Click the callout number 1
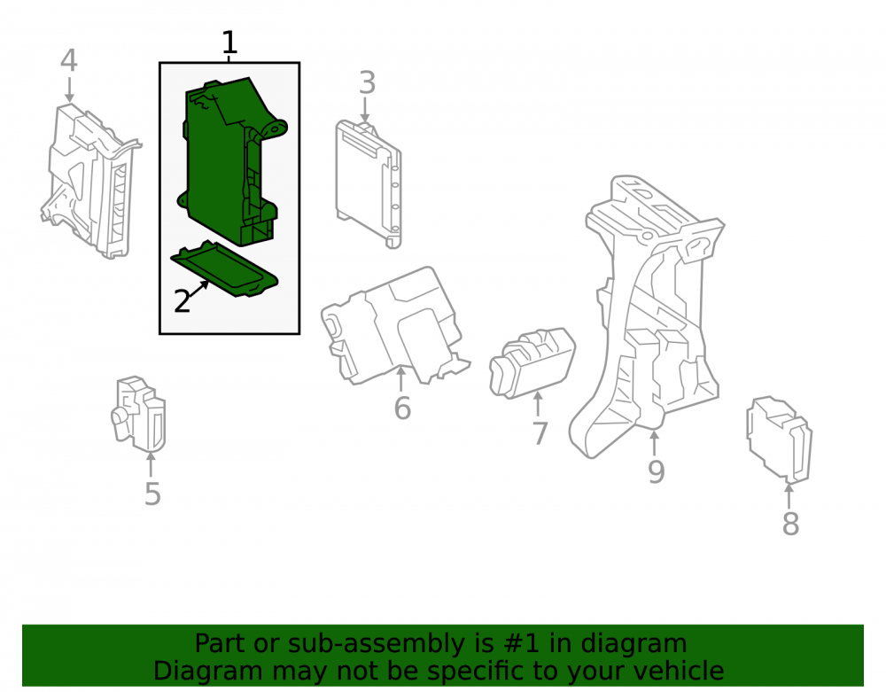click(229, 43)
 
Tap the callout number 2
click(182, 301)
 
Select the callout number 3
click(368, 82)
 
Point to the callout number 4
click(68, 60)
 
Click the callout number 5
click(152, 494)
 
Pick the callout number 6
click(402, 408)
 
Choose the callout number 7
click(540, 433)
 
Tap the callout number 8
click(790, 524)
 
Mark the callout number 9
click(656, 471)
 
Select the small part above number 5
click(138, 414)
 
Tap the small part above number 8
click(779, 439)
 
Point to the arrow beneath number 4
click(69, 89)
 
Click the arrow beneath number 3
click(365, 110)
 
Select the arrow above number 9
click(655, 443)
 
